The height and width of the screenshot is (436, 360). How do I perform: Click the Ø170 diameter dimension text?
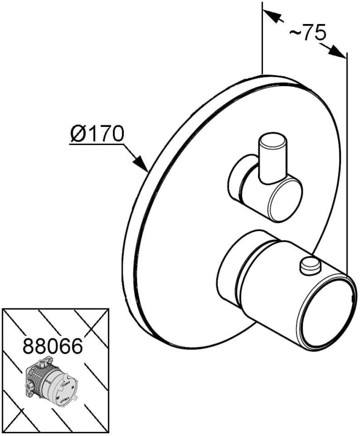click(x=98, y=132)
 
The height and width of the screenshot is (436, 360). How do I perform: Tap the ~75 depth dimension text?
click(x=307, y=33)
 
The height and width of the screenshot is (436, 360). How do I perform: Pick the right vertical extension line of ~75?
click(x=346, y=163)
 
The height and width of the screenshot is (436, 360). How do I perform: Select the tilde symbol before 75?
click(x=295, y=34)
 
